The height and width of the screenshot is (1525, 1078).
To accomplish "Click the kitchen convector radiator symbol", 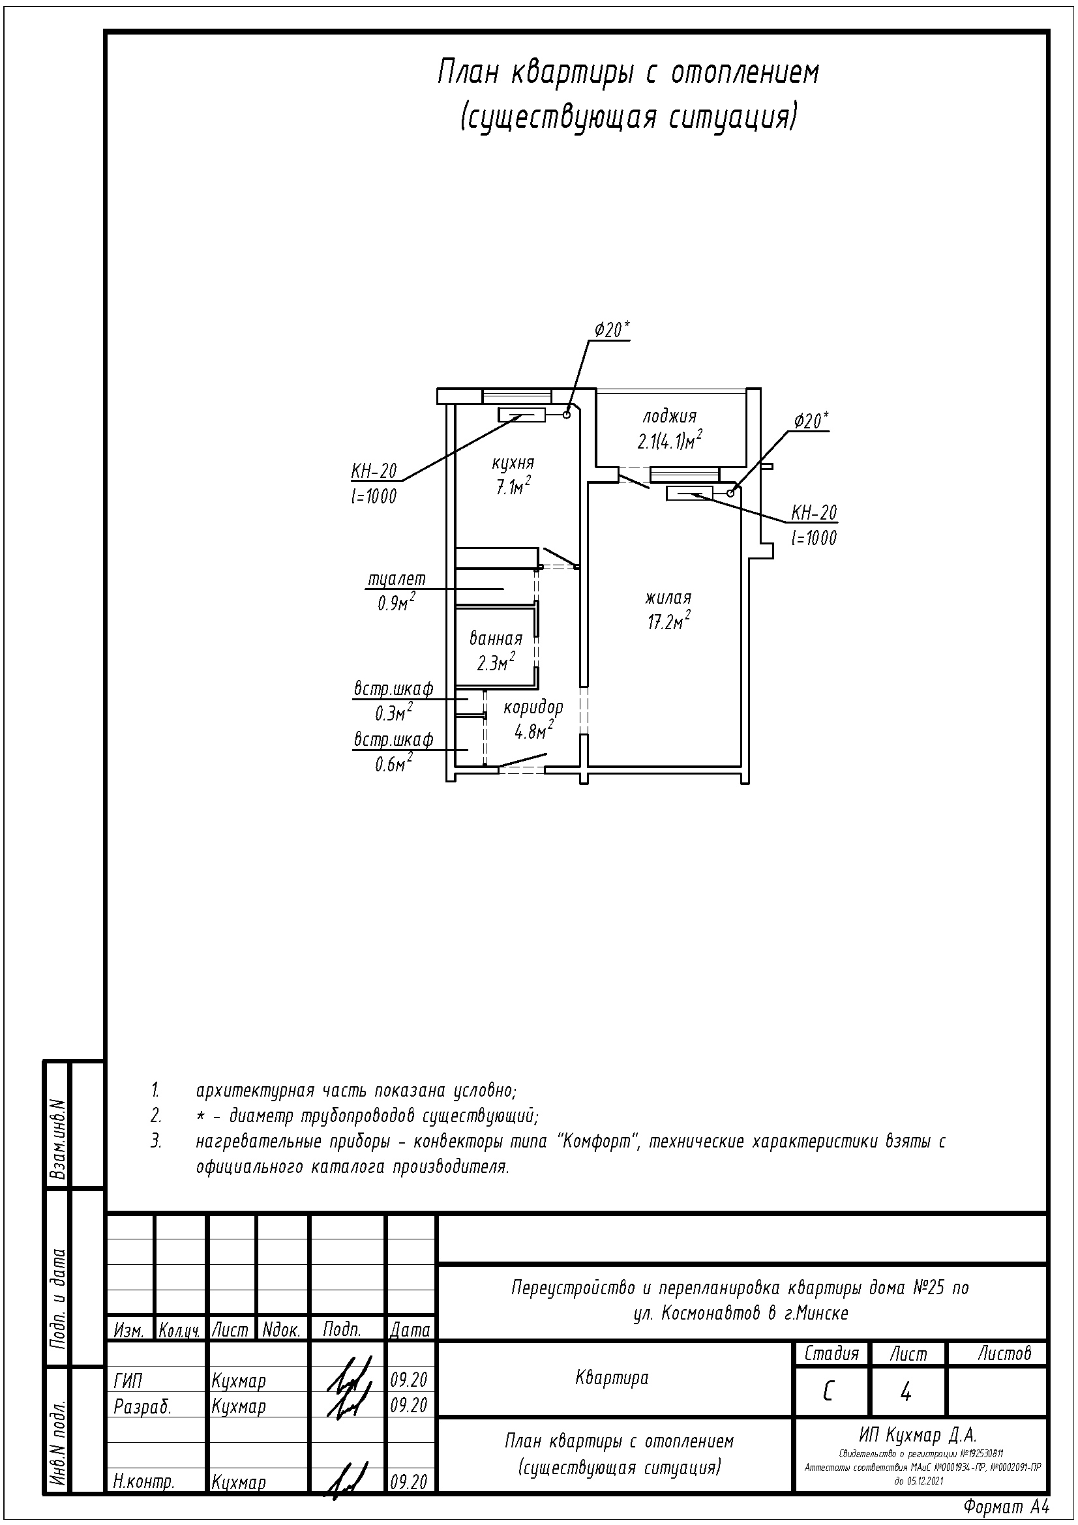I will [x=522, y=415].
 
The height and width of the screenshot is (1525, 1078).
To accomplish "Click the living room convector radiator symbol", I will [x=689, y=493].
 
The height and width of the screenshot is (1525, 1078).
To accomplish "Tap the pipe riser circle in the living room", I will [x=730, y=493].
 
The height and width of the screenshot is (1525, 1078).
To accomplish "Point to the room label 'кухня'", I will [x=513, y=462].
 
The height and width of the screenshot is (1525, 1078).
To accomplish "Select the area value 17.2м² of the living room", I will [x=669, y=623].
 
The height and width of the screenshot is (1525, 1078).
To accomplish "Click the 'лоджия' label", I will [x=670, y=417].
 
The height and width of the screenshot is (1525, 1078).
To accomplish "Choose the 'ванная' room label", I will [x=496, y=639].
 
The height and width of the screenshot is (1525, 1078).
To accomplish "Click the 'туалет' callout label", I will [x=397, y=579].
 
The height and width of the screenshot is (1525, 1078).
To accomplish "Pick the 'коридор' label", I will [x=533, y=707].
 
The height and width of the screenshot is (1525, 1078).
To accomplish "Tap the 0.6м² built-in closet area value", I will [x=393, y=765].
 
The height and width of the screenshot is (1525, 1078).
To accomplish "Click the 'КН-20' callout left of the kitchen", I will [x=374, y=471].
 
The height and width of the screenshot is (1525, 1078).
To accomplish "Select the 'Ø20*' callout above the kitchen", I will [x=612, y=330].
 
